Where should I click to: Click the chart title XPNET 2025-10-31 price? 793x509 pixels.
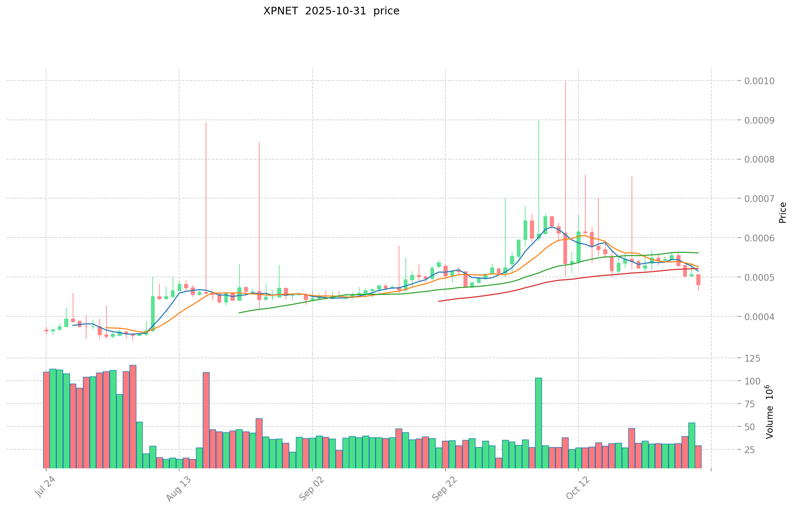tap(331, 11)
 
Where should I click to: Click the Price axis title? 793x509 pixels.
tap(782, 213)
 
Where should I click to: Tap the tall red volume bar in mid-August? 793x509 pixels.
tap(206, 420)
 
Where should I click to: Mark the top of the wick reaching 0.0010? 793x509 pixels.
tap(565, 82)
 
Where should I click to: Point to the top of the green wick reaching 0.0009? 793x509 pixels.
tap(539, 121)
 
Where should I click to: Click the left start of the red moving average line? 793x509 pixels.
tap(439, 301)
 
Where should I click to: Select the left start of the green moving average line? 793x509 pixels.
tap(239, 313)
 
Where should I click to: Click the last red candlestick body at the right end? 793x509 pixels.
tap(698, 279)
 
